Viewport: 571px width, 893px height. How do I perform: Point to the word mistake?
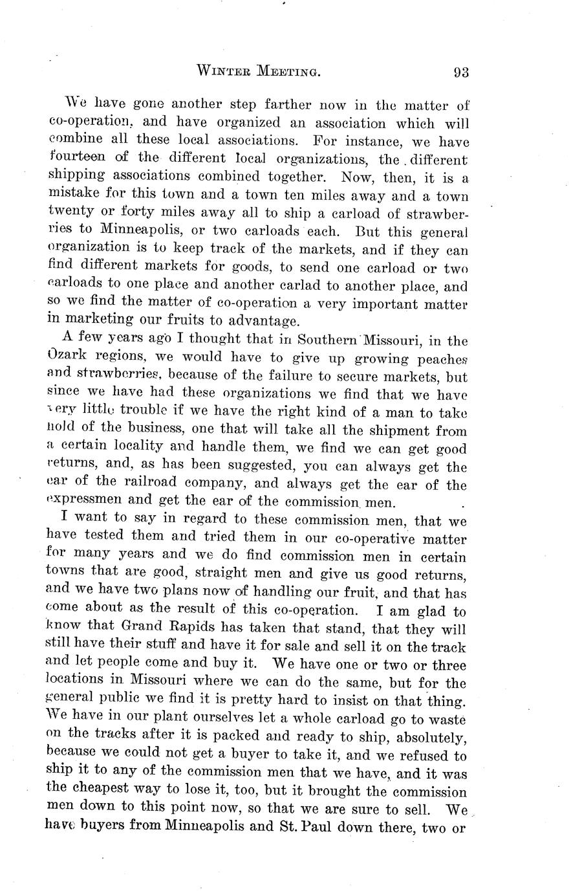tap(72, 193)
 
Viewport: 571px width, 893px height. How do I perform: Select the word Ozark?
tap(69, 357)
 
